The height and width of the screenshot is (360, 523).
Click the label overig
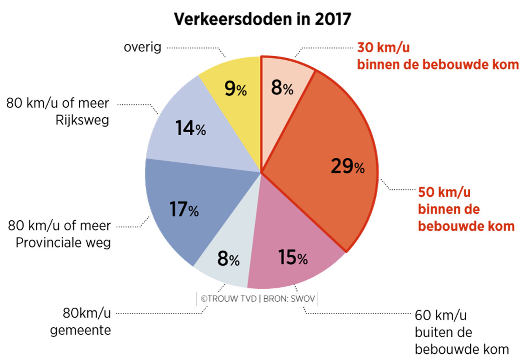click(143, 47)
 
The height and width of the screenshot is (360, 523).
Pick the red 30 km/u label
click(437, 56)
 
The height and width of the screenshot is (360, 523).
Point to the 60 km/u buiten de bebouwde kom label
click(461, 333)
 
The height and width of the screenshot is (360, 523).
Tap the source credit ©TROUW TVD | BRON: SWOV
click(257, 299)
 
